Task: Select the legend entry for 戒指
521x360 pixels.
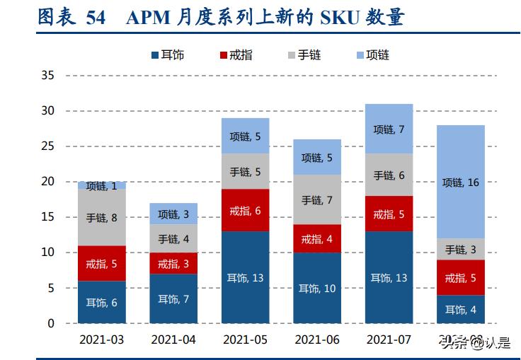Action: pyautogui.click(x=236, y=54)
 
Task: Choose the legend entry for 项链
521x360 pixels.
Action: pyautogui.click(x=372, y=54)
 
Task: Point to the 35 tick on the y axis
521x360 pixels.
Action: pyautogui.click(x=48, y=75)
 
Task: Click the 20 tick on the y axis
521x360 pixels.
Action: pyautogui.click(x=48, y=182)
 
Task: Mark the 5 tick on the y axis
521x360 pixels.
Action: pyautogui.click(x=50, y=289)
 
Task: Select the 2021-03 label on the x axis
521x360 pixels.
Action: pyautogui.click(x=101, y=340)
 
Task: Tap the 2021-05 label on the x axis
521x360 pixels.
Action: pyautogui.click(x=245, y=340)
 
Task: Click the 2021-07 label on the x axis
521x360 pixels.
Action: pyautogui.click(x=389, y=340)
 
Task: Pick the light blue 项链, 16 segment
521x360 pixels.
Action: pyautogui.click(x=461, y=182)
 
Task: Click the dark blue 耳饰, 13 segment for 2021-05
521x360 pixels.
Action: pyautogui.click(x=245, y=277)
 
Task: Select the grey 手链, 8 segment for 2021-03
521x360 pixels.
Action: pyautogui.click(x=101, y=217)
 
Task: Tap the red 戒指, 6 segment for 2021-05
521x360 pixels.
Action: pyautogui.click(x=245, y=210)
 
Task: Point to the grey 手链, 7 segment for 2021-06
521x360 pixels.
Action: pyautogui.click(x=316, y=199)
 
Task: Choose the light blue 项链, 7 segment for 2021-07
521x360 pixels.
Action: pyautogui.click(x=389, y=129)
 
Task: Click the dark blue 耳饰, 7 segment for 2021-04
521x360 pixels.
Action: pyautogui.click(x=173, y=298)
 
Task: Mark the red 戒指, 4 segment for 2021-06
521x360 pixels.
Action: pyautogui.click(x=316, y=238)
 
